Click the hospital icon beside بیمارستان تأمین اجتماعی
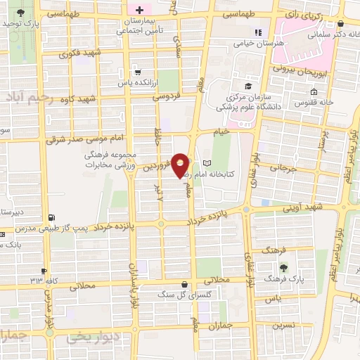pos(139,11)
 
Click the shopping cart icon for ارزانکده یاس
pos(137,72)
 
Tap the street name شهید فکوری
pos(80,53)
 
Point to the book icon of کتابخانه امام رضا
pos(206,163)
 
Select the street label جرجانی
pos(284,169)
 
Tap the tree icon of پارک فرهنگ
pos(283,268)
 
